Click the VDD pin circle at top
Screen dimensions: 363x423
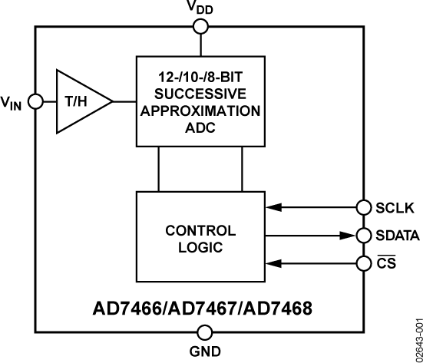tap(201, 27)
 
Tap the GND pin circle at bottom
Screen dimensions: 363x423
tap(205, 332)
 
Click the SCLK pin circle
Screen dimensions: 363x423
tap(363, 207)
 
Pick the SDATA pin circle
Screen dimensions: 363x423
tap(363, 236)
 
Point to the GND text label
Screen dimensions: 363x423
tap(205, 353)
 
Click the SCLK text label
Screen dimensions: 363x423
tap(395, 208)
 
